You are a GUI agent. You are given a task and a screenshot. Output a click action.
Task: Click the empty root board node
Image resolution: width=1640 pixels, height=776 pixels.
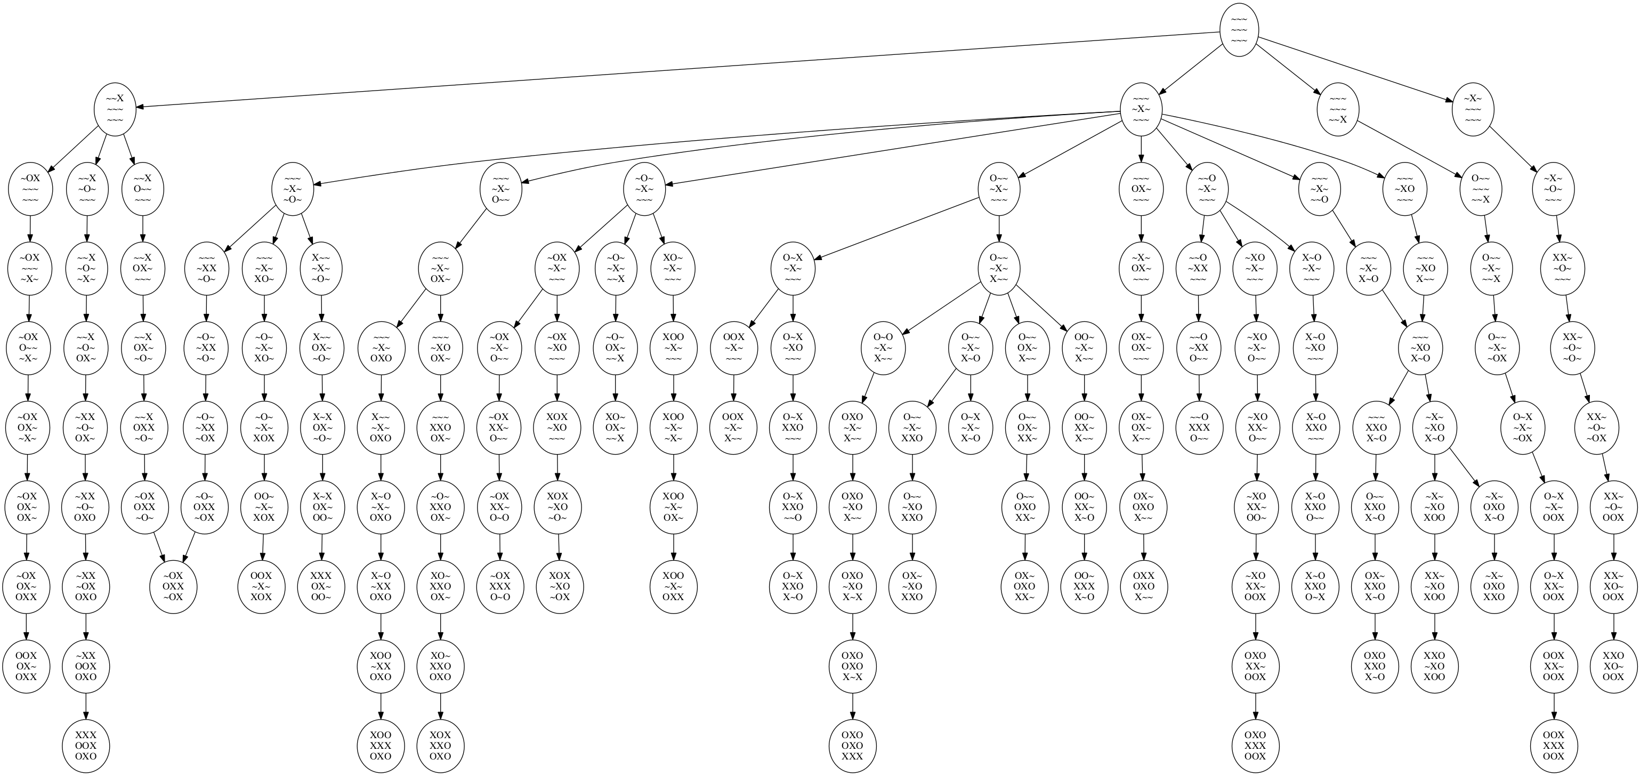(1239, 30)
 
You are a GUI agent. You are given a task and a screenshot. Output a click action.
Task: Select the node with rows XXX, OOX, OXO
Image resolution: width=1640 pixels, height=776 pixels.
(86, 746)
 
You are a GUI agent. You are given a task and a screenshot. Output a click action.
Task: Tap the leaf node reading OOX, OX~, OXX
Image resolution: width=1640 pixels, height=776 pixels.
(27, 666)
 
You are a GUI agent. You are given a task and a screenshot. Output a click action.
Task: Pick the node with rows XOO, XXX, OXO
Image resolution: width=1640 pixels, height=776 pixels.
(381, 746)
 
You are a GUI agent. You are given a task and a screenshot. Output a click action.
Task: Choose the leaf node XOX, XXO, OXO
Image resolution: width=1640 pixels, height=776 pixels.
(440, 746)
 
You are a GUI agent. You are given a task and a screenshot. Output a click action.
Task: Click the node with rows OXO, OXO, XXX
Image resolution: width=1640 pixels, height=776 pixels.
(852, 746)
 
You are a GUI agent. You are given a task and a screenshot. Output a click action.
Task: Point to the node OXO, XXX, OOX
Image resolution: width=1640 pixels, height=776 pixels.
(1256, 746)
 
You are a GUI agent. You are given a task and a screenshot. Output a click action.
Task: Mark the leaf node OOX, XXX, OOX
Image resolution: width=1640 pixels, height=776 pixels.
(1554, 746)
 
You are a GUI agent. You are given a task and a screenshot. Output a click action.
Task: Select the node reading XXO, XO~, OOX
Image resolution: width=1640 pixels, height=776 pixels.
(1613, 666)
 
